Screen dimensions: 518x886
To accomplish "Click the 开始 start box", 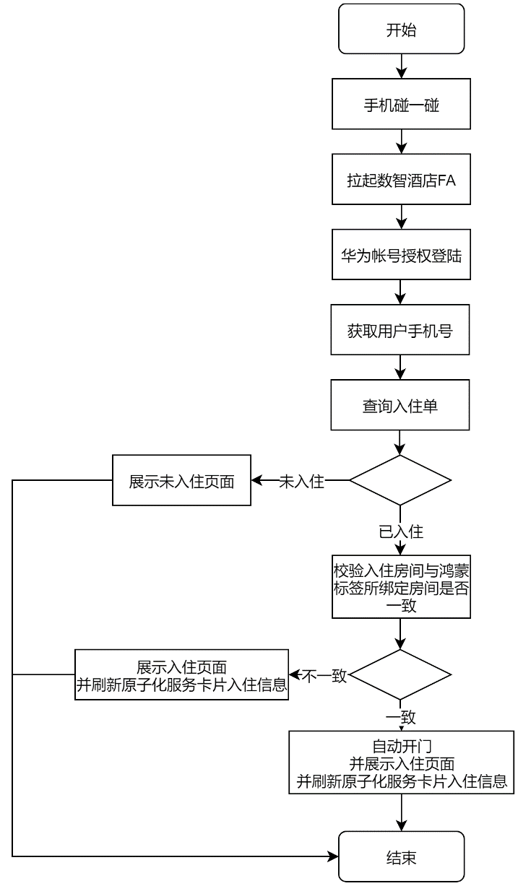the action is (x=401, y=29).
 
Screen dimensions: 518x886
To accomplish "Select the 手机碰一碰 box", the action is (x=401, y=104).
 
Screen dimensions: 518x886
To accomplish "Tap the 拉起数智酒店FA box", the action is (x=401, y=179).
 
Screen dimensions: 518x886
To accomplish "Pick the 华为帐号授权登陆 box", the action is (x=401, y=254).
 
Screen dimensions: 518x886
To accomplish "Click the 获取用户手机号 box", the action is (x=400, y=329).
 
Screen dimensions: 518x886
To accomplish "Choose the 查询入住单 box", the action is (x=400, y=404).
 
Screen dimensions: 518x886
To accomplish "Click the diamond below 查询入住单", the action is (x=400, y=480).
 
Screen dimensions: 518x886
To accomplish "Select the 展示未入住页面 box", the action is (x=181, y=480).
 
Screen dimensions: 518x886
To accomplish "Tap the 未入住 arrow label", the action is (x=301, y=482).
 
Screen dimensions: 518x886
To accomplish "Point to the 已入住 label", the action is (x=401, y=531).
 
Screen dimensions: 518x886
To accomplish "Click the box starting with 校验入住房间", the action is (x=401, y=586).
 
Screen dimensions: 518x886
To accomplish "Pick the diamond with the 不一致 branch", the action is (x=400, y=674).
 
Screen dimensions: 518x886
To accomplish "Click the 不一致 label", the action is (x=324, y=676).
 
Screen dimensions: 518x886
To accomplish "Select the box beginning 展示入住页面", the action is (x=181, y=674).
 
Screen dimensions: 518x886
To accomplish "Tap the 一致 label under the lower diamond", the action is (x=401, y=717).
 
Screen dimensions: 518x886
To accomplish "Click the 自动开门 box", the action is (x=401, y=763).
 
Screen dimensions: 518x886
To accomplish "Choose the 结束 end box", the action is (x=401, y=856).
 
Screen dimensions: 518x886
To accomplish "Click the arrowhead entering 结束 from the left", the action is (x=334, y=856).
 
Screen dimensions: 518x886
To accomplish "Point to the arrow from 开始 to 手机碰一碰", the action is (x=401, y=66).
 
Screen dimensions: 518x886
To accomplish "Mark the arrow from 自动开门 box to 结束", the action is (x=401, y=812).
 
